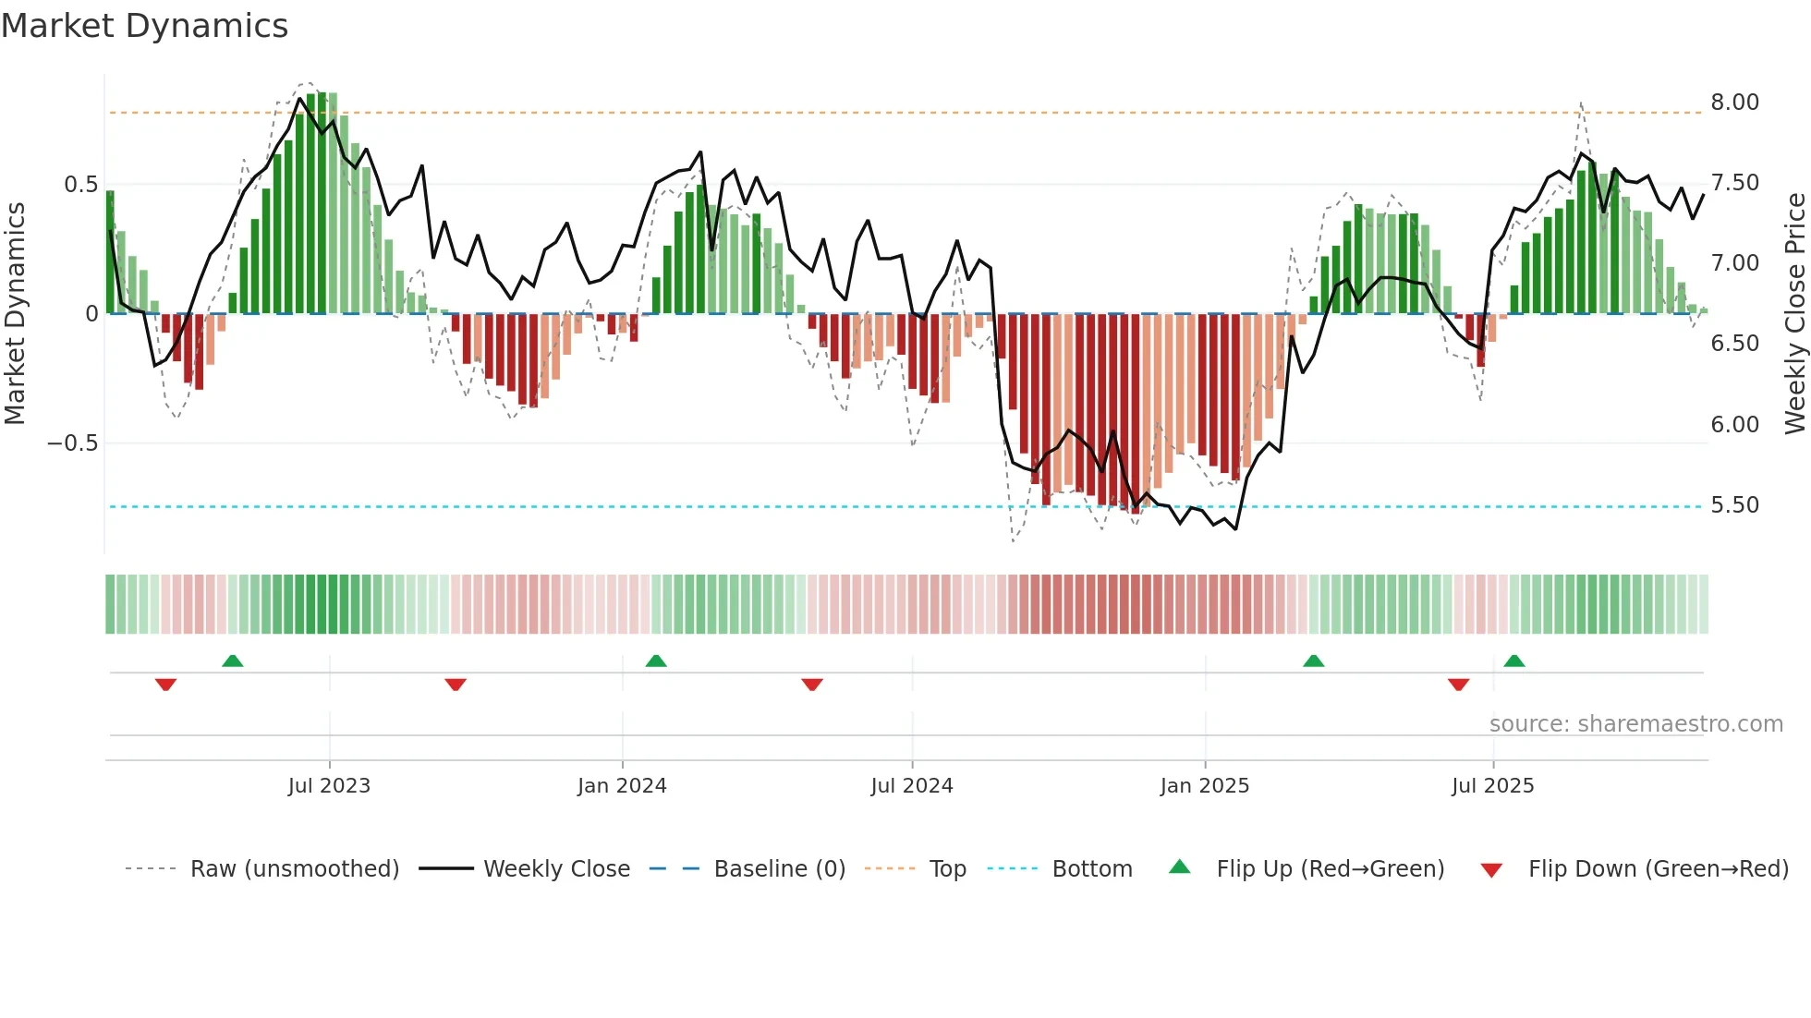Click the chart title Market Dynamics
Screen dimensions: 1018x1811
point(144,26)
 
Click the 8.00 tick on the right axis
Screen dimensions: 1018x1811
point(1734,103)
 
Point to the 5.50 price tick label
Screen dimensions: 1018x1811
point(1734,505)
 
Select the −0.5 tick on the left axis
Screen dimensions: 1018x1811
point(72,443)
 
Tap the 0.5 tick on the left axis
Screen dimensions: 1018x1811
point(80,185)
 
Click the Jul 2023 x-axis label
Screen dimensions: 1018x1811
point(329,786)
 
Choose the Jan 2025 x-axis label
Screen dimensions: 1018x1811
point(1204,786)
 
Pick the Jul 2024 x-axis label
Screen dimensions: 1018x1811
point(911,786)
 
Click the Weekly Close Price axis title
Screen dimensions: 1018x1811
point(1794,313)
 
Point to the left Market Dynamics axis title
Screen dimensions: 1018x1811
point(15,313)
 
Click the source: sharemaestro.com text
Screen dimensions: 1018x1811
point(1635,724)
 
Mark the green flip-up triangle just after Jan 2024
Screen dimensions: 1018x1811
point(656,661)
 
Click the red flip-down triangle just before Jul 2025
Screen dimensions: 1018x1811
point(1458,685)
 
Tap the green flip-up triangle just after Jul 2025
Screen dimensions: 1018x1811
point(1513,661)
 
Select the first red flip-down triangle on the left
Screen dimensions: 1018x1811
point(165,685)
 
